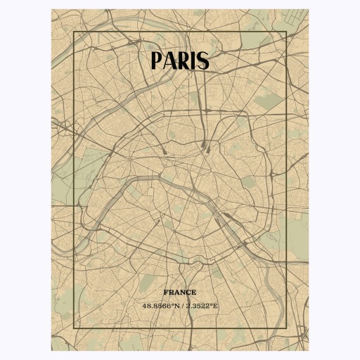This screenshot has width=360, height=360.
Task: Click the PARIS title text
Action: [x=180, y=60]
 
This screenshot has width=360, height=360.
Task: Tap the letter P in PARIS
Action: [x=157, y=61]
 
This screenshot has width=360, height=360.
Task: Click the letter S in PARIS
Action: [x=203, y=61]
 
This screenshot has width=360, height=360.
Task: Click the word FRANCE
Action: [x=180, y=292]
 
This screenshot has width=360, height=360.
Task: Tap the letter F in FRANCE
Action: [x=166, y=292]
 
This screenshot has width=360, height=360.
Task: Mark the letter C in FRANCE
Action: [x=188, y=292]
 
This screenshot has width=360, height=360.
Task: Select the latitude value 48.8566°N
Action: [x=160, y=306]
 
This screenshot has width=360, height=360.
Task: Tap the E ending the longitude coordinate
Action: [x=216, y=306]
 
